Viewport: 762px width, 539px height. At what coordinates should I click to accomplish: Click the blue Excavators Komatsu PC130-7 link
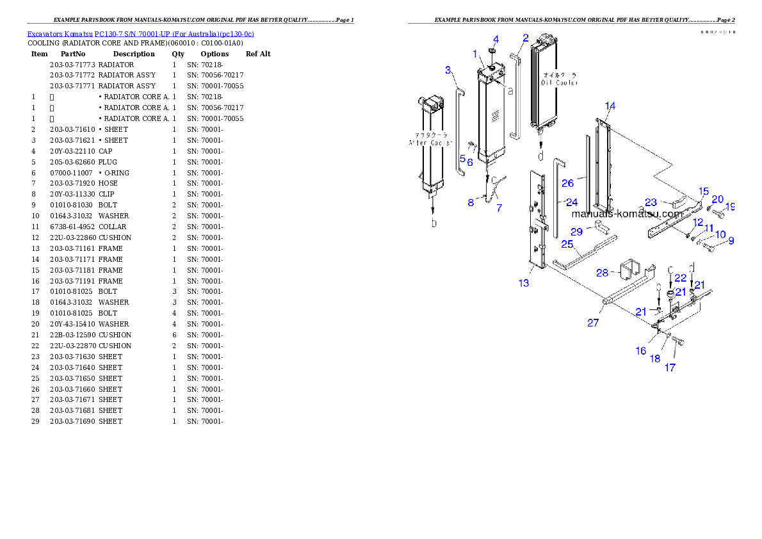[x=140, y=34]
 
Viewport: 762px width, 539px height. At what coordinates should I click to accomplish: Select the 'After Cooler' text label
[x=430, y=143]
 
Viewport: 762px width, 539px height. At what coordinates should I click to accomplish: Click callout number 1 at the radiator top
[x=475, y=53]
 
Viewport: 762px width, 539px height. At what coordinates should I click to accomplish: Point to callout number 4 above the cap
[x=496, y=39]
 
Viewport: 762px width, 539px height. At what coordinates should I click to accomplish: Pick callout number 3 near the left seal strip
[x=448, y=69]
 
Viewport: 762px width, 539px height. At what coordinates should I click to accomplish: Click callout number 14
[x=610, y=106]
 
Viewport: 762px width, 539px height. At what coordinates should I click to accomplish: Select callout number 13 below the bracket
[x=524, y=283]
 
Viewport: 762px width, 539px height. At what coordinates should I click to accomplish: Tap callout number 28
[x=602, y=273]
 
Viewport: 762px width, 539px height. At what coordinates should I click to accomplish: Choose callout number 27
[x=593, y=323]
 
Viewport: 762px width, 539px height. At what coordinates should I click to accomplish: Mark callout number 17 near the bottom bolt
[x=670, y=367]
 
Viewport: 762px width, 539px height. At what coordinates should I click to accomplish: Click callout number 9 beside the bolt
[x=731, y=241]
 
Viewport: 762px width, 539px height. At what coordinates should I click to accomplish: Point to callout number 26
[x=567, y=183]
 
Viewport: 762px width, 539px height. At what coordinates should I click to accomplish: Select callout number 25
[x=567, y=244]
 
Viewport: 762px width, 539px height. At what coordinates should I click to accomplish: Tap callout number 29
[x=577, y=230]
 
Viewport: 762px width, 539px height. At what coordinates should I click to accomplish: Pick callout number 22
[x=680, y=278]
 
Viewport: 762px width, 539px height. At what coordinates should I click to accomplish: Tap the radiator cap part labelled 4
[x=492, y=51]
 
